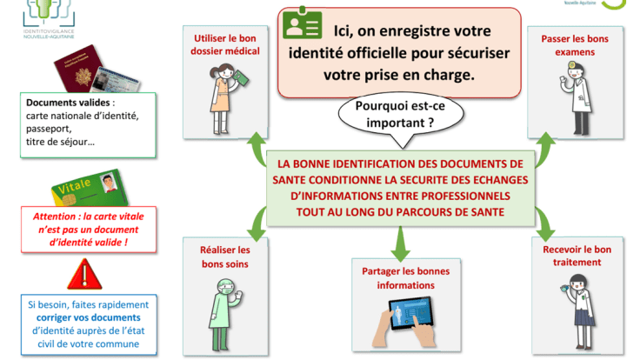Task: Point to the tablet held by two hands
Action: coord(400,319)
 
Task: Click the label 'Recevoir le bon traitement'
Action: coord(570,256)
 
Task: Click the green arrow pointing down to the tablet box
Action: coord(399,242)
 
